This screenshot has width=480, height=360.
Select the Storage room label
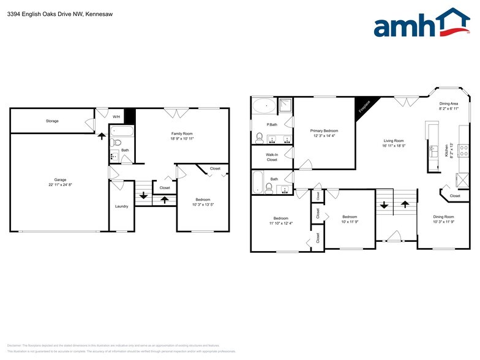(x=52, y=121)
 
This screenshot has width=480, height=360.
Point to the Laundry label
(x=121, y=206)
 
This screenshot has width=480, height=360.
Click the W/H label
(x=116, y=117)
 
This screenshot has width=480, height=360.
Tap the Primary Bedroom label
(x=324, y=131)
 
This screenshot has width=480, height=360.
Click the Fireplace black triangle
(x=364, y=106)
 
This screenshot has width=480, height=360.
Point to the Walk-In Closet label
(x=272, y=157)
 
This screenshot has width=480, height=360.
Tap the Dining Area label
(x=449, y=104)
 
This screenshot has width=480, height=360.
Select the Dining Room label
(x=444, y=217)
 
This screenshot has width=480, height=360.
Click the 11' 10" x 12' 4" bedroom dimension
(x=281, y=223)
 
